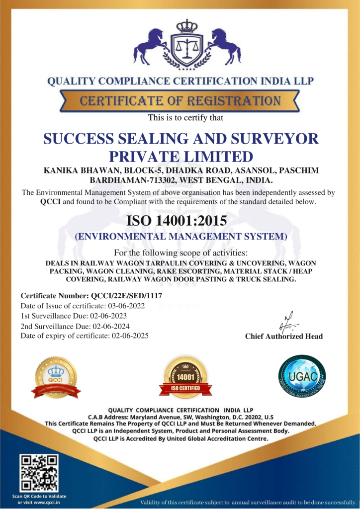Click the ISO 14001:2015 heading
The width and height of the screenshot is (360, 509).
180,220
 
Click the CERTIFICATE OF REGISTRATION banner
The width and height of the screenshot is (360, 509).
180,101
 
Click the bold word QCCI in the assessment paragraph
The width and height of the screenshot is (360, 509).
50,201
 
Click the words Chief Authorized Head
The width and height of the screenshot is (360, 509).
284,337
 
